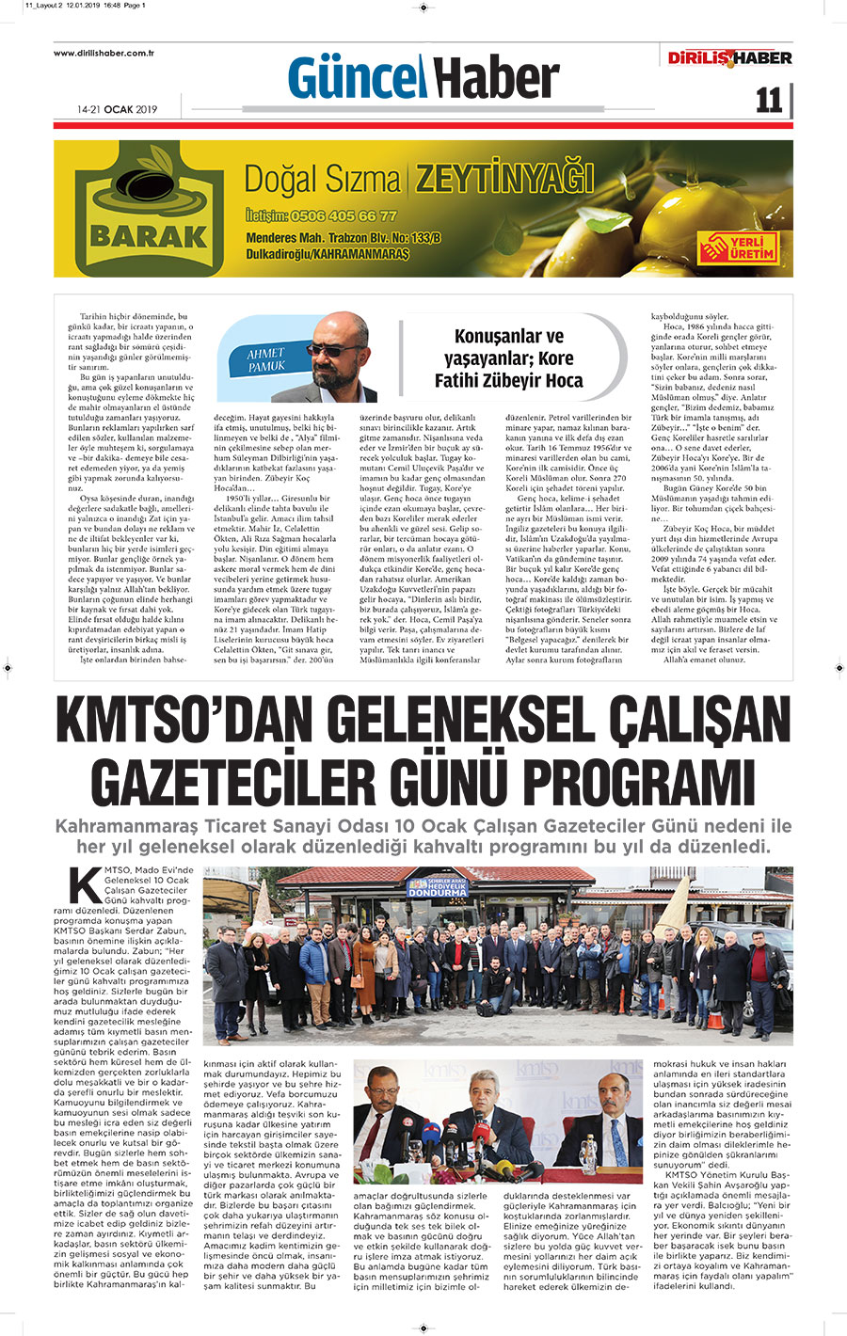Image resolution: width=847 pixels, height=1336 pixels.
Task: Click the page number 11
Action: [x=768, y=101]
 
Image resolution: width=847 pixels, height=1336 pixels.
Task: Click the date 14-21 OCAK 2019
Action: [x=118, y=109]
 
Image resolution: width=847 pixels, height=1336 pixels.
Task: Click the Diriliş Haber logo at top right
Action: [x=729, y=58]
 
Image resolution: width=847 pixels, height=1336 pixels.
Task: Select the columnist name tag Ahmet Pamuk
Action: [x=266, y=359]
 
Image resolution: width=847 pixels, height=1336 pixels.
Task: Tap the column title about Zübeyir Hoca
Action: [x=508, y=358]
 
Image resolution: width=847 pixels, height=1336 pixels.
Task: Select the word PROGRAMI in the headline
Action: [x=635, y=782]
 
